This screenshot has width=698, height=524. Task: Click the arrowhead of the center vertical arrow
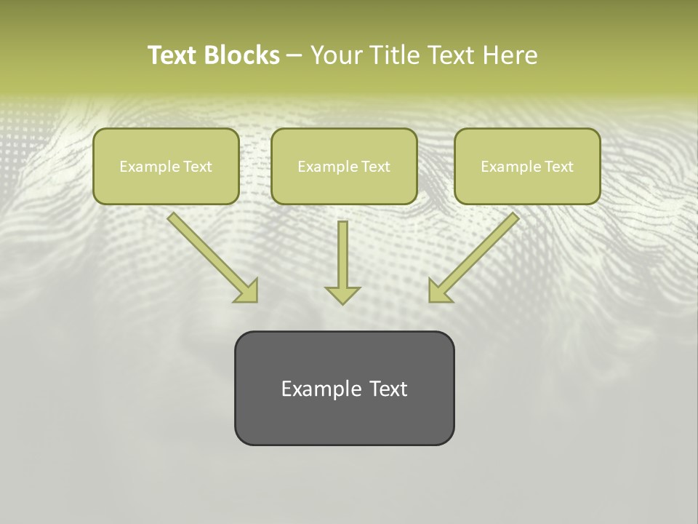tap(342, 295)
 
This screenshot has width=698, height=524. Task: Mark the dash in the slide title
tap(294, 55)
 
